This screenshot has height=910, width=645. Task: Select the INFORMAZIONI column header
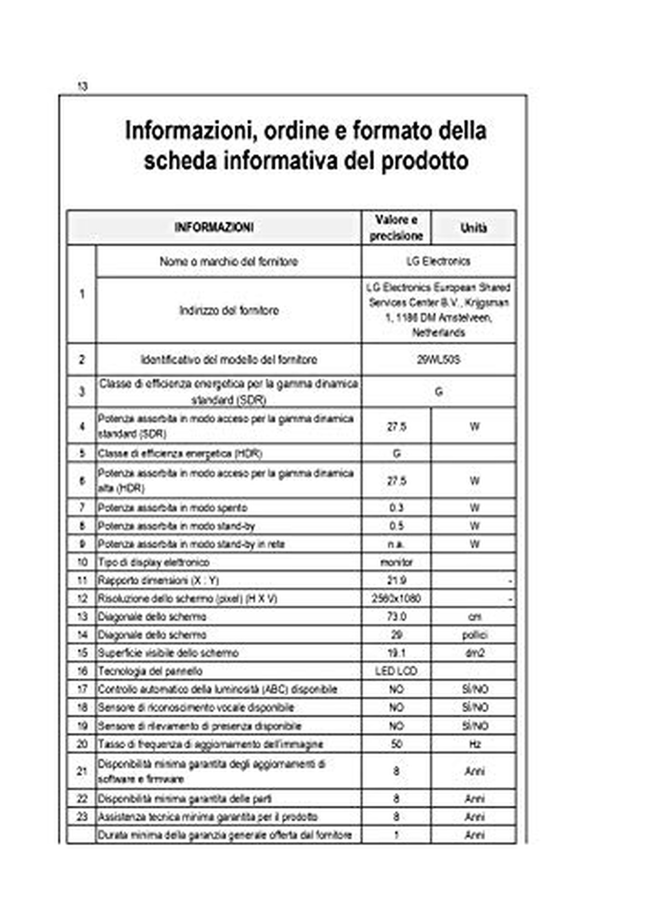click(214, 227)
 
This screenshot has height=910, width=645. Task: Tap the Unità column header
click(474, 228)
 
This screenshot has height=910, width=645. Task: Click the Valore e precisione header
click(396, 228)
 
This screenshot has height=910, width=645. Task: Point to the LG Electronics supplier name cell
click(438, 262)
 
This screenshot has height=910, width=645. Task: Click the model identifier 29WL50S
click(438, 359)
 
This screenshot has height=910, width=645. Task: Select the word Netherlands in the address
click(438, 333)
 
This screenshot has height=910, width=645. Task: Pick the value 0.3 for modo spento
click(396, 508)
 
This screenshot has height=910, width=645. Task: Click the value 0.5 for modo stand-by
click(396, 526)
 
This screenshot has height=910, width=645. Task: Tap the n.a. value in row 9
click(396, 544)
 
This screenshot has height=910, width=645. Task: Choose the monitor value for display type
click(396, 562)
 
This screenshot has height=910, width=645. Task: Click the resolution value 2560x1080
click(396, 598)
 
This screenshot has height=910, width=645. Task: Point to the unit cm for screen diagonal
click(474, 617)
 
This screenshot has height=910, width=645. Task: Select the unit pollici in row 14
click(474, 635)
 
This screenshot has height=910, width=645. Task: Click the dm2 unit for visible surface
click(474, 653)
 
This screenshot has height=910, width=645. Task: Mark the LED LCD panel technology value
click(396, 671)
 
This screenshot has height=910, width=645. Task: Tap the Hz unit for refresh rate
click(474, 744)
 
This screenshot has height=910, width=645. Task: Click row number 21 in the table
click(82, 771)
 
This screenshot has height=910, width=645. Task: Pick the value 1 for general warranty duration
click(396, 835)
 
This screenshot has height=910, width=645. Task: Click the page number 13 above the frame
click(82, 86)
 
